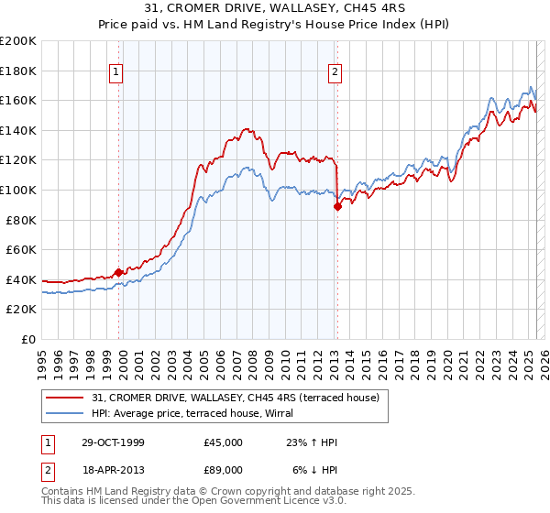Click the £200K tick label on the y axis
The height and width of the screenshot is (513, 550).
click(18, 41)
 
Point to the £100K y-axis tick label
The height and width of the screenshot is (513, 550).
click(18, 191)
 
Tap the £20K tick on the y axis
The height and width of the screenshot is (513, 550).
click(21, 310)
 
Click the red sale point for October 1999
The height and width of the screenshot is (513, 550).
click(119, 272)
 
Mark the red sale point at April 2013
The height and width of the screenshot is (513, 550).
click(337, 206)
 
